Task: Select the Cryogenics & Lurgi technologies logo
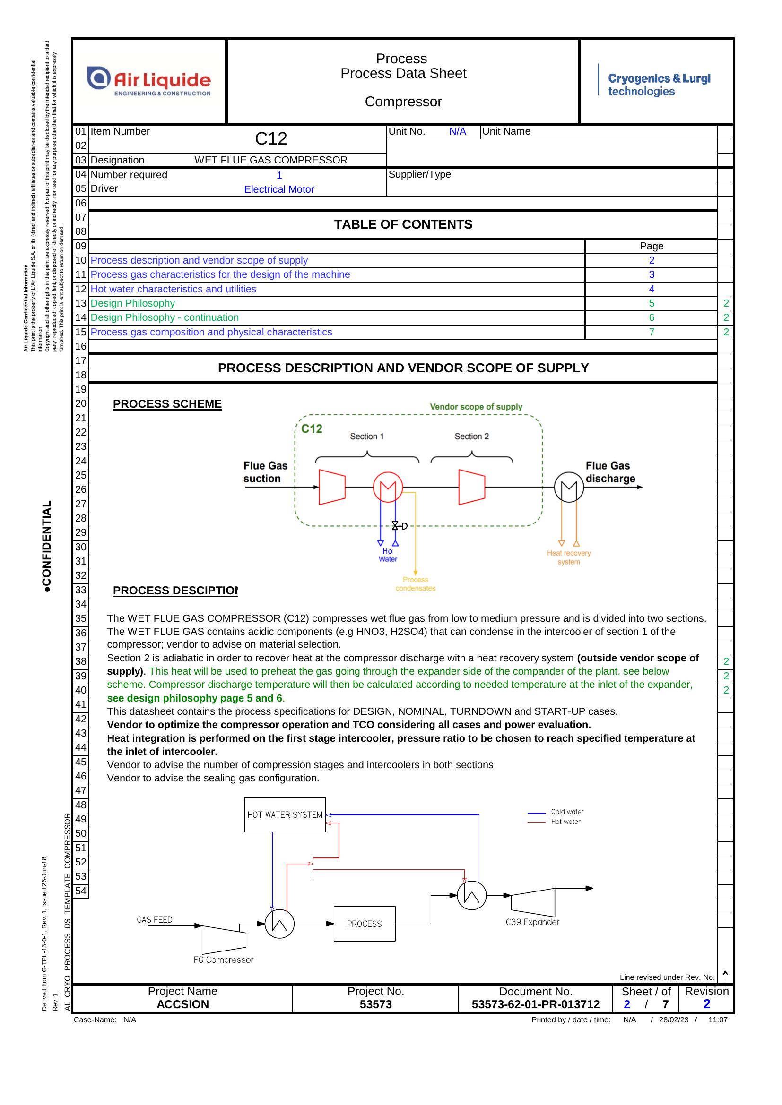click(654, 84)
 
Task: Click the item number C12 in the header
click(270, 138)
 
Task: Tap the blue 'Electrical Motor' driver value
click(279, 189)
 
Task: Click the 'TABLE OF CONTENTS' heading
click(403, 224)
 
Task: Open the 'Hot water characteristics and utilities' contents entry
click(174, 289)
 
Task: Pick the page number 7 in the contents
click(652, 332)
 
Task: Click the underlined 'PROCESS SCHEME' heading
click(167, 404)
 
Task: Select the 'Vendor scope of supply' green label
click(476, 407)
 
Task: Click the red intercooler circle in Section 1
click(388, 487)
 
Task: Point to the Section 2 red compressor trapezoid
click(471, 487)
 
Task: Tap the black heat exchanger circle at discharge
click(569, 487)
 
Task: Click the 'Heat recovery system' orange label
click(569, 557)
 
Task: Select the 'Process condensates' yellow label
click(415, 584)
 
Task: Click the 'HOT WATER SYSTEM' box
click(285, 815)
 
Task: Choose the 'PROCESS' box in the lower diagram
click(364, 924)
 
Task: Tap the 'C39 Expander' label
click(532, 922)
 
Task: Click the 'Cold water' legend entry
click(555, 812)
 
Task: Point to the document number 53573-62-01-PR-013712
click(536, 1004)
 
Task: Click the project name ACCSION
click(182, 1004)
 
